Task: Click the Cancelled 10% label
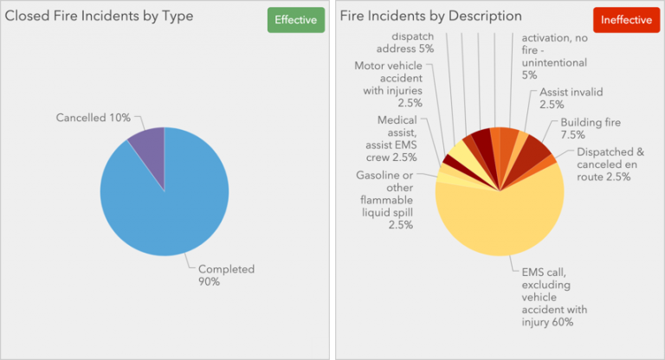pos(94,117)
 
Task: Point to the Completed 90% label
pos(226,275)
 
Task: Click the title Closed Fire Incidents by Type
pos(100,16)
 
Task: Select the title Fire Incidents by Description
pos(430,16)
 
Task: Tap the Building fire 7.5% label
pos(585,128)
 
